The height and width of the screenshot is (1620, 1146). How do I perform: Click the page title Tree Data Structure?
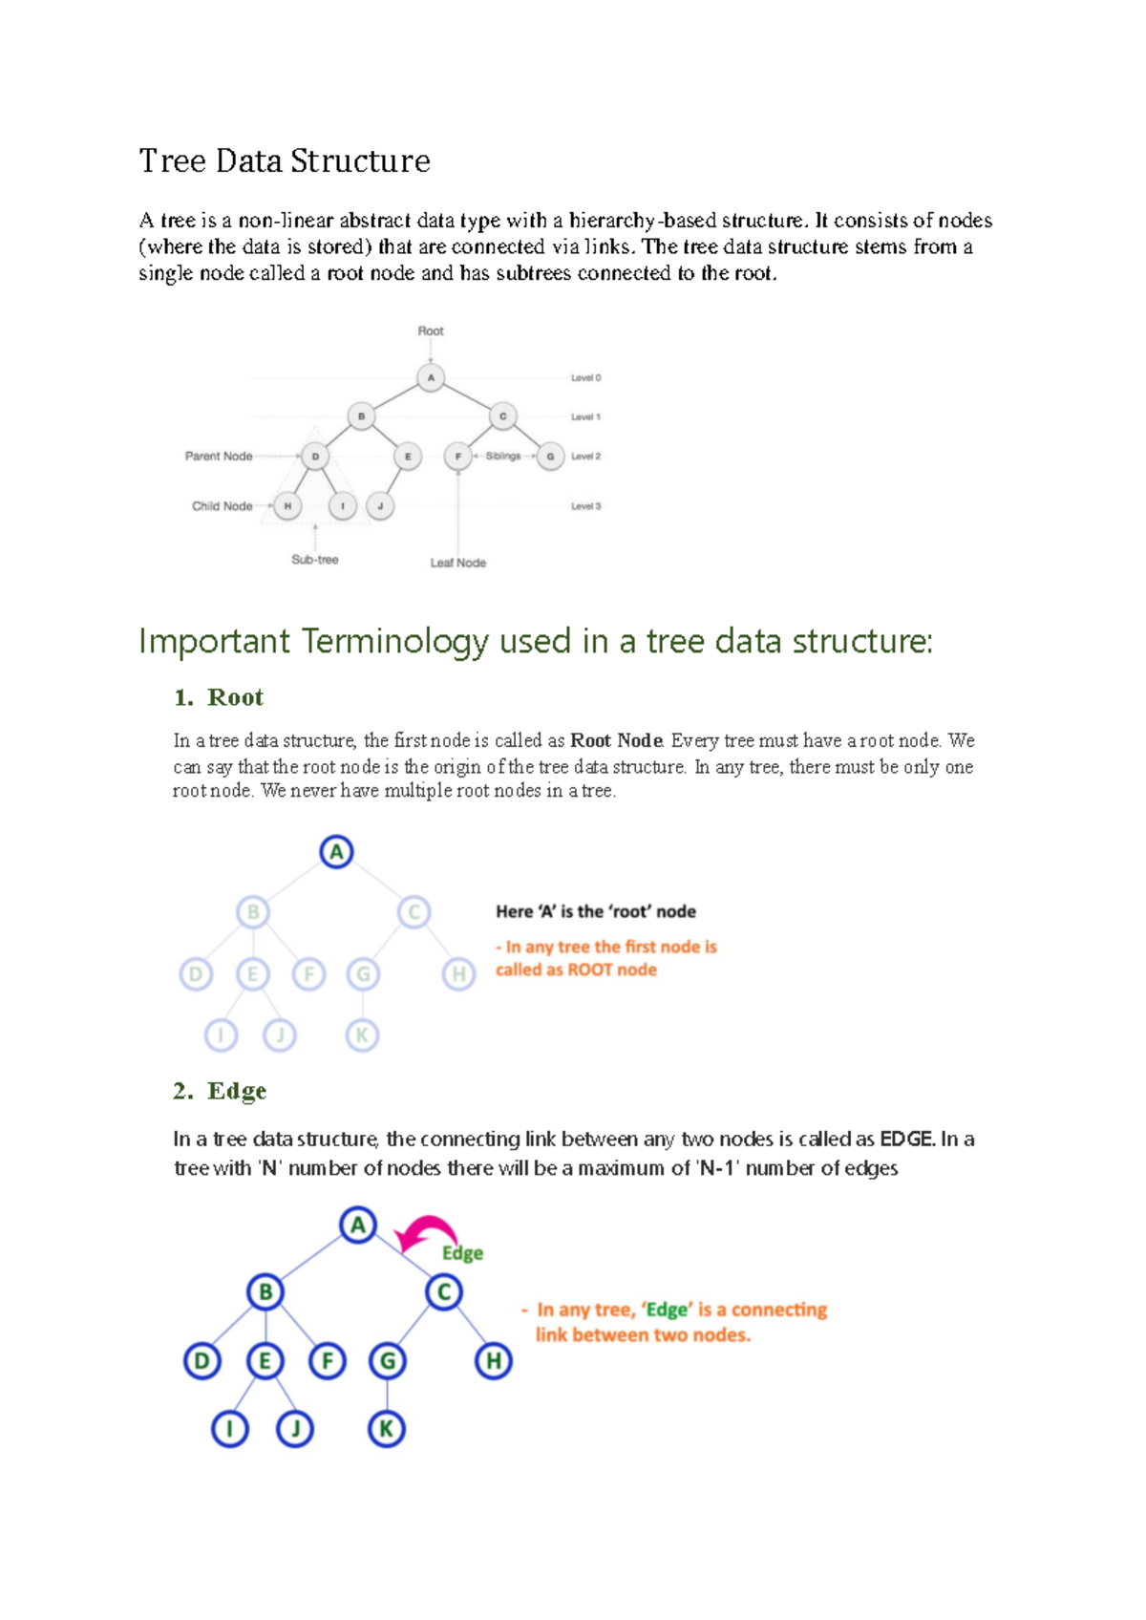click(x=285, y=160)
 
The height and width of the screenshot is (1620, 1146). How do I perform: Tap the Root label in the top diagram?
click(x=431, y=330)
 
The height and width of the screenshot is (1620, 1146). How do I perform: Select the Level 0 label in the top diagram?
click(x=585, y=378)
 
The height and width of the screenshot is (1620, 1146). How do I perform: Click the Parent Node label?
click(x=219, y=457)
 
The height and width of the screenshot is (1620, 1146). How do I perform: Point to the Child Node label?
click(x=222, y=506)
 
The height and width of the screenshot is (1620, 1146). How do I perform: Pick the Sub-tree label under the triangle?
click(x=315, y=560)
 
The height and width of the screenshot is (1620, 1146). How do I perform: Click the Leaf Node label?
click(x=457, y=563)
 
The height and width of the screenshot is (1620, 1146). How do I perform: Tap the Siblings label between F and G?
click(x=503, y=457)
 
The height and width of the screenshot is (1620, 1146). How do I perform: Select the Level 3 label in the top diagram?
click(x=585, y=506)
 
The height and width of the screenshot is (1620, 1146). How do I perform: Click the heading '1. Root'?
click(x=219, y=697)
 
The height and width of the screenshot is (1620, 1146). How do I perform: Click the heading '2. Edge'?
click(x=220, y=1091)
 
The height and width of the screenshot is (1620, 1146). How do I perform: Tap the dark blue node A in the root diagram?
click(x=336, y=851)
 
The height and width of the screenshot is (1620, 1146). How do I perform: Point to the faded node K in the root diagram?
click(x=362, y=1034)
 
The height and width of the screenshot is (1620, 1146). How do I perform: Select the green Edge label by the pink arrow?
click(x=462, y=1253)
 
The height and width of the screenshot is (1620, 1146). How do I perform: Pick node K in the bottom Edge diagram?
click(x=386, y=1429)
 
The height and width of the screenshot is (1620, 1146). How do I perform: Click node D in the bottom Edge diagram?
click(x=202, y=1360)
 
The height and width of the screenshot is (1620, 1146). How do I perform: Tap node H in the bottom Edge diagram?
click(x=493, y=1360)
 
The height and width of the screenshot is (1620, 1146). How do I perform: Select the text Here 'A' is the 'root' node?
click(x=595, y=911)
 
